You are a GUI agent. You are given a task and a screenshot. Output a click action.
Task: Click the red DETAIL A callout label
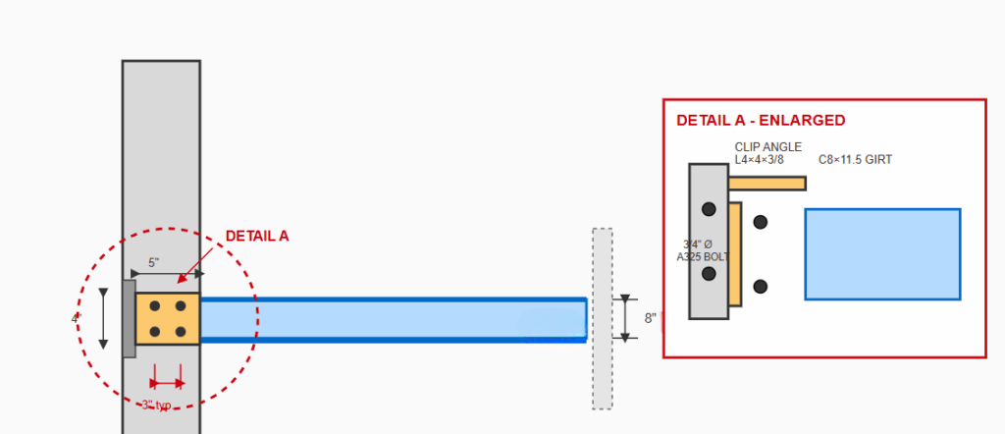click(257, 237)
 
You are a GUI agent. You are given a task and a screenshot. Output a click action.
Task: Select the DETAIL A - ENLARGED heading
click(761, 121)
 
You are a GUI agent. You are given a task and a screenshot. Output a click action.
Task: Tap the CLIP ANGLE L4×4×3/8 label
click(768, 153)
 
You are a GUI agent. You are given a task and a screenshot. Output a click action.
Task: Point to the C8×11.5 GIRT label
click(855, 159)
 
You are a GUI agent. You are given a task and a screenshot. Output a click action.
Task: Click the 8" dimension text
click(650, 318)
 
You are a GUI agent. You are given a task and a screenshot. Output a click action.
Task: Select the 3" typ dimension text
click(156, 405)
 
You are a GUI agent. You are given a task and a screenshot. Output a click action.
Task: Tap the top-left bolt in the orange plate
click(155, 306)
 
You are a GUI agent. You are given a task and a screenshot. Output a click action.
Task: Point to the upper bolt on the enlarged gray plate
click(709, 209)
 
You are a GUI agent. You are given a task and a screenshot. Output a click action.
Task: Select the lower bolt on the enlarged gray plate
click(709, 274)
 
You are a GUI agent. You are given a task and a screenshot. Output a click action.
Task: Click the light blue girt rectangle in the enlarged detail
click(882, 253)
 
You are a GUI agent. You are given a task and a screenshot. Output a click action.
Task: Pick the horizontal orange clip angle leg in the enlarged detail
click(767, 183)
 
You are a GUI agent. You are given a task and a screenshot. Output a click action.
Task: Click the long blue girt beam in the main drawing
click(393, 319)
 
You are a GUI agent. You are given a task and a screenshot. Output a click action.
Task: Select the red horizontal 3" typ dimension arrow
click(167, 383)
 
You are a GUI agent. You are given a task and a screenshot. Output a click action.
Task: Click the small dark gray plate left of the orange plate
click(129, 318)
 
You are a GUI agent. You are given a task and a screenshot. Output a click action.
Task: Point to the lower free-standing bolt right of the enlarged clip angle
click(760, 287)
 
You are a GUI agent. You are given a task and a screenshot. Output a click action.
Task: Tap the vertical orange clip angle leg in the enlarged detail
click(734, 253)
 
